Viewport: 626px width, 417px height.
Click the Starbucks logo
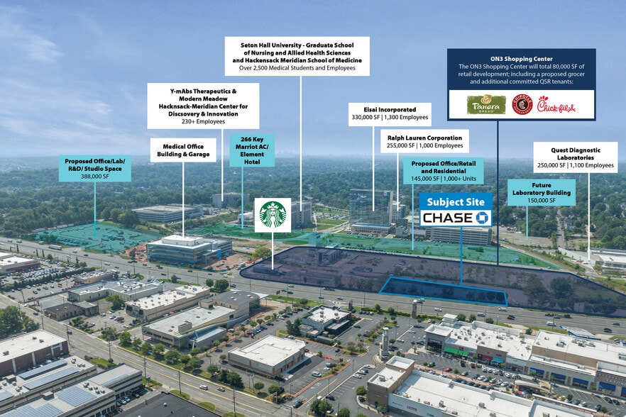[273, 215]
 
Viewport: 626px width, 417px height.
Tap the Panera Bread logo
[486, 105]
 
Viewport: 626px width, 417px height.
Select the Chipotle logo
[522, 105]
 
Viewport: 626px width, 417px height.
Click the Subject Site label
[456, 201]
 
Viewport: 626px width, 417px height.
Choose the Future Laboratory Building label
[542, 192]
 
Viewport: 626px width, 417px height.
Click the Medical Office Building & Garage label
[184, 150]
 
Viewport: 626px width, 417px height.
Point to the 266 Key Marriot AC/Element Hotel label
[252, 150]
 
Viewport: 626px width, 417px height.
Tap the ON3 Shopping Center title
[521, 57]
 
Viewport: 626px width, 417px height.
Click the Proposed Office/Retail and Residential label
[443, 167]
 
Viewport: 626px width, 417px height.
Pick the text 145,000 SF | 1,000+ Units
[443, 179]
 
